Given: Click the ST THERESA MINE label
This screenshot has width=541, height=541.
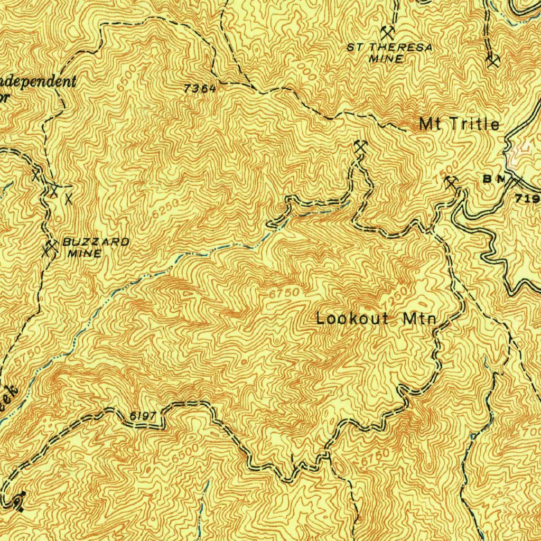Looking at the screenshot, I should tap(389, 53).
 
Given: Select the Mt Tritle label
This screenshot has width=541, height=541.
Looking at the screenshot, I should tap(459, 124).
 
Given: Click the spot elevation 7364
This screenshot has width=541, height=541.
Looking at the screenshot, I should tap(200, 89).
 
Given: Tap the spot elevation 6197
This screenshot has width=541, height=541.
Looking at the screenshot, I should tap(143, 416).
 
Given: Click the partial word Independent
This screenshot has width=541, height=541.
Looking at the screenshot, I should tap(37, 82).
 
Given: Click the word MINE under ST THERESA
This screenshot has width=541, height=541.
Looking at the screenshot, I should tap(385, 59).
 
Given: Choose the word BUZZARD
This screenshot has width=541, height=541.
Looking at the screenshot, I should tap(96, 242).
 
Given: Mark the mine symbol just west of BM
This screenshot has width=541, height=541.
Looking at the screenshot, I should tap(451, 183).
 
